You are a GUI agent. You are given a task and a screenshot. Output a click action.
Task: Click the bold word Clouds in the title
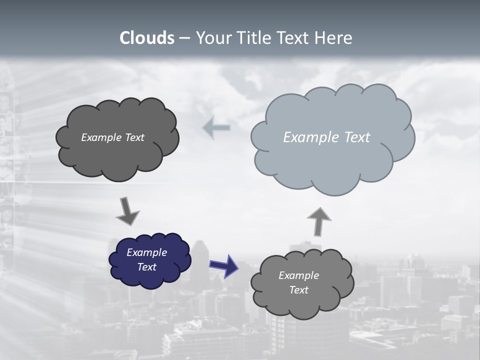pos(147,38)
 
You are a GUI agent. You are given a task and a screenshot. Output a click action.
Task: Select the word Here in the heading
pos(333,38)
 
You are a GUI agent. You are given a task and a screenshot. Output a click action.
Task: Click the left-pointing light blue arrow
pos(216,128)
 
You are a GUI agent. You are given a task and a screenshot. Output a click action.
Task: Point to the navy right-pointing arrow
pos(223,265)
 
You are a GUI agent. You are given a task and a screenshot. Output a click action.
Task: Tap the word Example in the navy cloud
pos(146,252)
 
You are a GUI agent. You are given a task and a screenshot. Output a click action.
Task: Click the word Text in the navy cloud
pos(147,267)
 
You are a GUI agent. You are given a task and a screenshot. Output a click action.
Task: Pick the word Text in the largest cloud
pos(357,137)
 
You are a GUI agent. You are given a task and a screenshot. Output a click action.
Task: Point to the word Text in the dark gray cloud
pos(134,137)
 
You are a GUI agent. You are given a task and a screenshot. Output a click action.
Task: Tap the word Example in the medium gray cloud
pos(298,275)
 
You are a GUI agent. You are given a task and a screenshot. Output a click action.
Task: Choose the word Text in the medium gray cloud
pos(298,290)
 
